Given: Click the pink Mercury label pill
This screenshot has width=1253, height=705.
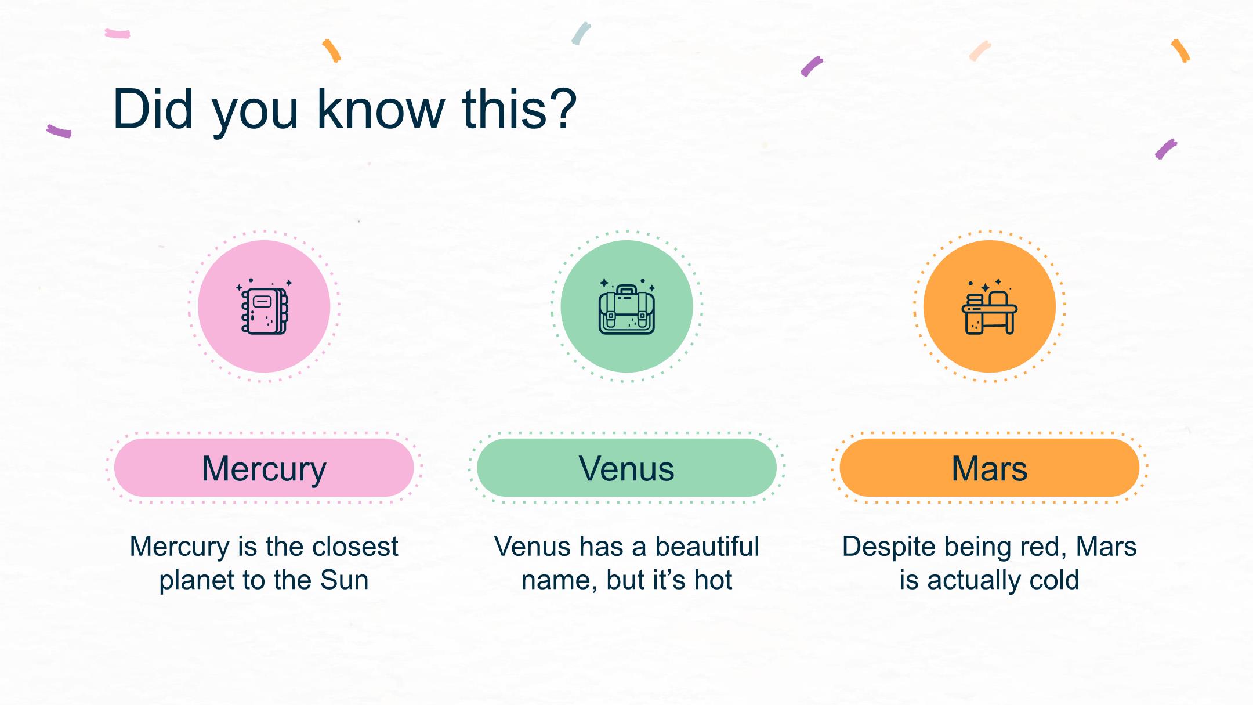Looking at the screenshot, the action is pos(264,468).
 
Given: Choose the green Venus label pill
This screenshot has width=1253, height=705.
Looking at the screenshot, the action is pos(626,468).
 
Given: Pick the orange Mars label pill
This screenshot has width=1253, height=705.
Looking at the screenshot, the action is pos(989,468).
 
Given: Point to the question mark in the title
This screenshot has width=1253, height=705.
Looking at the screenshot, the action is pos(562,109).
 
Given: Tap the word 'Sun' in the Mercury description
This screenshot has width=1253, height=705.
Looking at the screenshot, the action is pos(345,580).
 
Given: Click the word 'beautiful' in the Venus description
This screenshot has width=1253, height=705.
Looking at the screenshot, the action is pos(707,546).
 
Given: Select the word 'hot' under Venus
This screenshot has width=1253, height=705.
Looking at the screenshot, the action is pos(714,580).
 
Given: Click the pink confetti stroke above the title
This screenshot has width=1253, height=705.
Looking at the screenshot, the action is pos(117,34).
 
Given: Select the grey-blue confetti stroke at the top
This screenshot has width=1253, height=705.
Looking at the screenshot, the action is pos(581,34).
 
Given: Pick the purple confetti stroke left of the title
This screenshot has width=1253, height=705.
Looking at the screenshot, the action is pos(59,131).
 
